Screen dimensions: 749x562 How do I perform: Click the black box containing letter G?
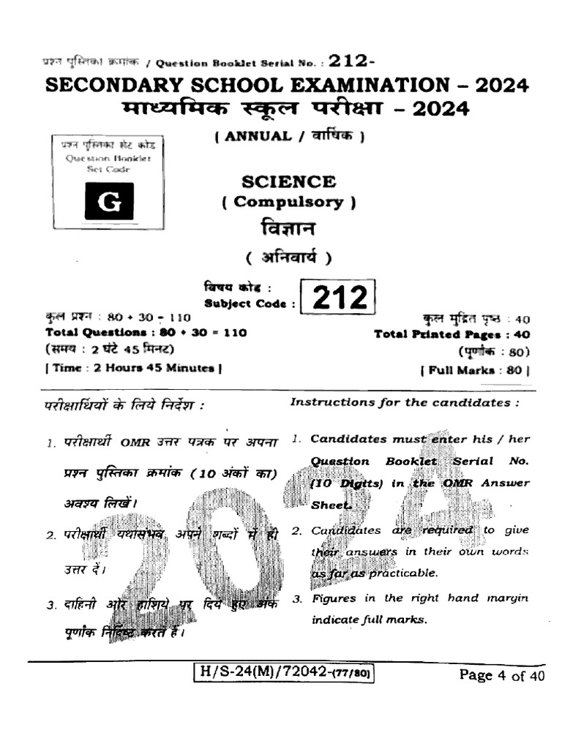pos(109,201)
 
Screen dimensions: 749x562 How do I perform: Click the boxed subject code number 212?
pos(340,297)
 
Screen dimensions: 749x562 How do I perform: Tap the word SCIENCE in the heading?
pos(288,181)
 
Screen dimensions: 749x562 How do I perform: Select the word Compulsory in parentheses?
pos(288,203)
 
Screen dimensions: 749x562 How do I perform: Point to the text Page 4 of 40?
pos(501,675)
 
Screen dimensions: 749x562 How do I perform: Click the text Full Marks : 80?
pos(475,370)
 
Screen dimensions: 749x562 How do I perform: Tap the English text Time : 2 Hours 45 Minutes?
pos(134,368)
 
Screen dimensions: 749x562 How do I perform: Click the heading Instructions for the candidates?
pos(405,402)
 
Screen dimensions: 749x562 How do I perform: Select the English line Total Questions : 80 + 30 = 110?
pos(146,332)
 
